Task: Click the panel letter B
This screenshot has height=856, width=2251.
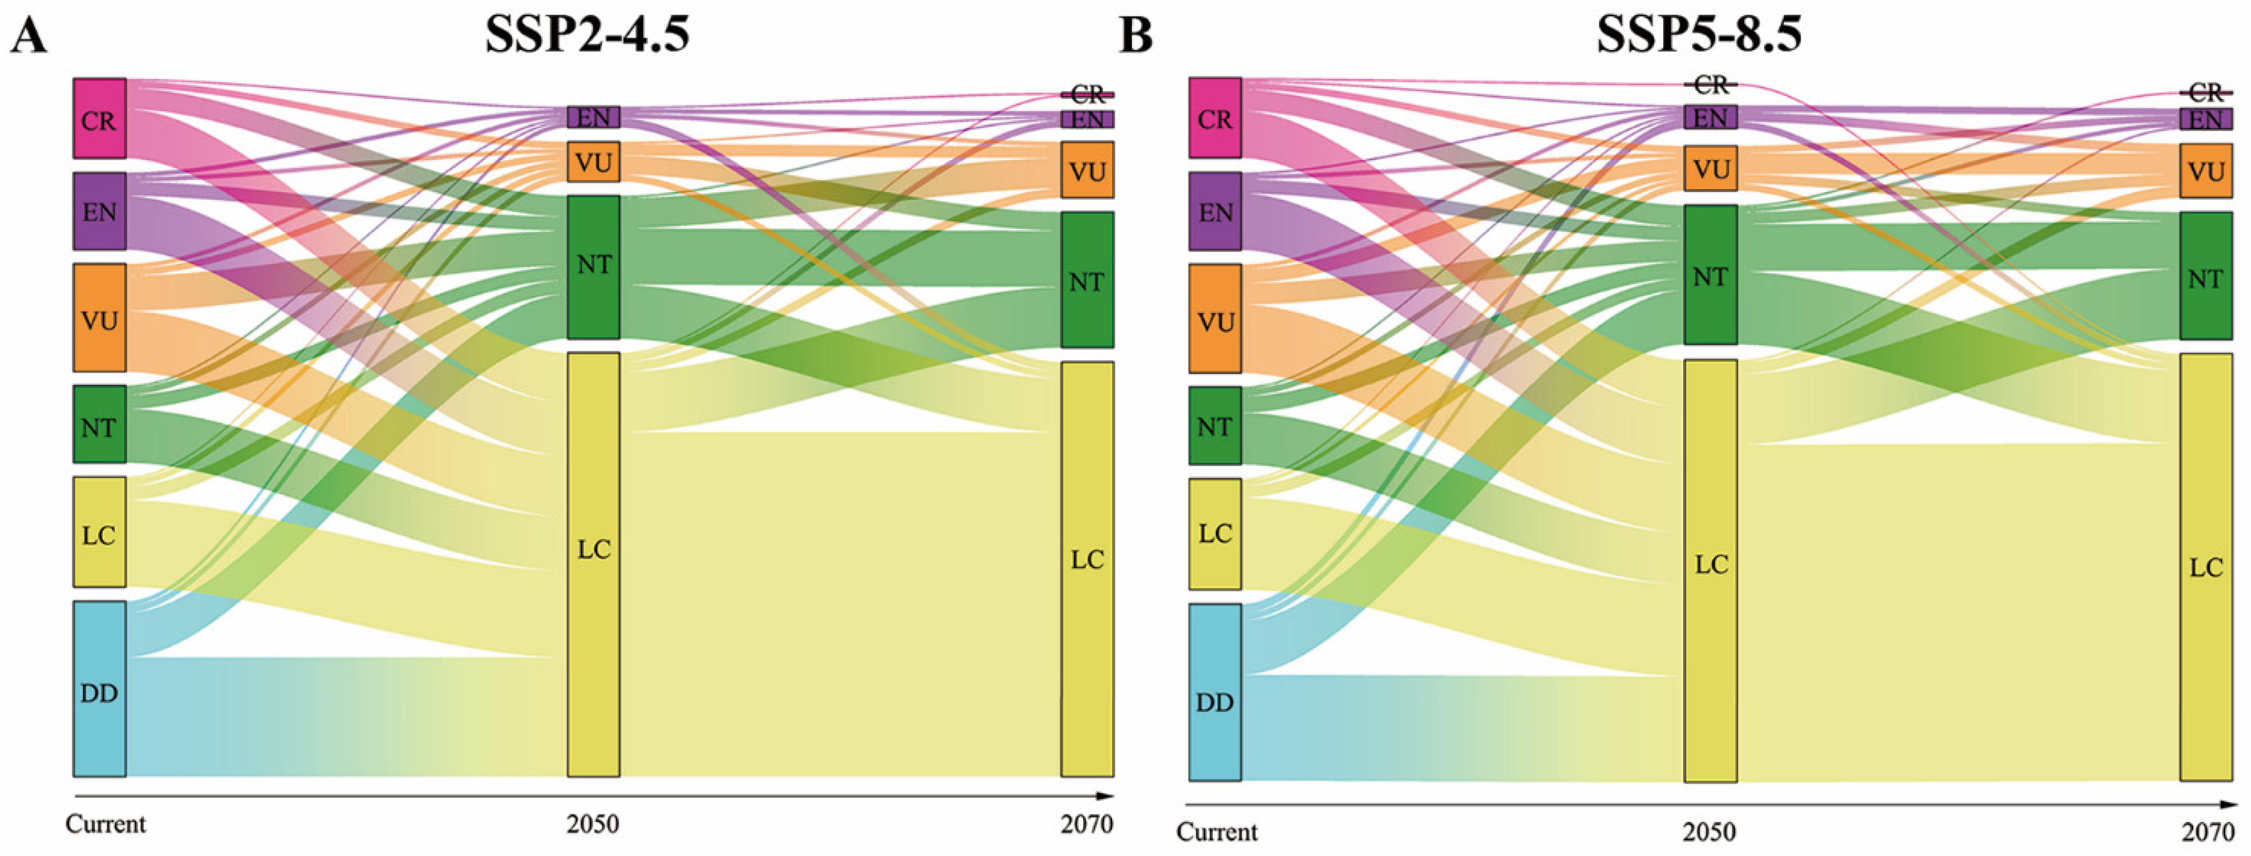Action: pyautogui.click(x=1135, y=37)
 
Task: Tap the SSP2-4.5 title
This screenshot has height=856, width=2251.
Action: pyautogui.click(x=587, y=35)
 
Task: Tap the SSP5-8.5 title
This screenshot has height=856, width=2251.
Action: pyautogui.click(x=1699, y=35)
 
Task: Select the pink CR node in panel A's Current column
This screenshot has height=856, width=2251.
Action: pyautogui.click(x=99, y=119)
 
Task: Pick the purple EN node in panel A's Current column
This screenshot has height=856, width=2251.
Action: pyautogui.click(x=99, y=211)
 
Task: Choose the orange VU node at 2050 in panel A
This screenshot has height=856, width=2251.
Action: pyautogui.click(x=594, y=162)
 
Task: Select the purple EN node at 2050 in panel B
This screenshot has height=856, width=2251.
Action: pyautogui.click(x=1710, y=117)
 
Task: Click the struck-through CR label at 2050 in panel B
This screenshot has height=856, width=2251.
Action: pyautogui.click(x=1710, y=85)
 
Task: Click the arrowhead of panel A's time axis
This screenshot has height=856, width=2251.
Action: pyautogui.click(x=1107, y=796)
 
